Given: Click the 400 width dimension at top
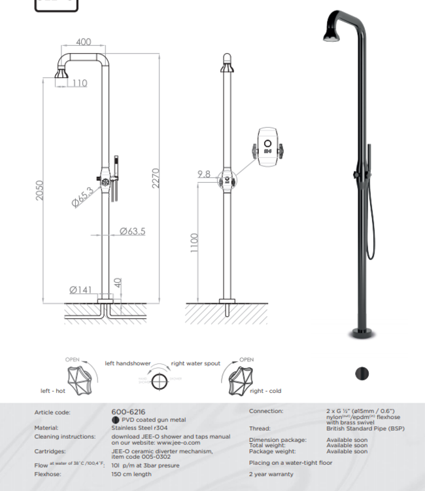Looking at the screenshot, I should [84, 42].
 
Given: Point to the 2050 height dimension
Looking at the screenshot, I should [40, 190].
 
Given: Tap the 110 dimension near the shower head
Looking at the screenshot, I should [80, 83].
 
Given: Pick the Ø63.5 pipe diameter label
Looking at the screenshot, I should [132, 231].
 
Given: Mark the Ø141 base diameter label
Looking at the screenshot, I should [81, 289].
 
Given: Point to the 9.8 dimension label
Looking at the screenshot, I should [203, 174].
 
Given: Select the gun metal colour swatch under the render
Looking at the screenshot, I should [362, 373].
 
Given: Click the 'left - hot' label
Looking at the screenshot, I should [53, 391].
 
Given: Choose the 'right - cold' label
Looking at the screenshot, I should [265, 391].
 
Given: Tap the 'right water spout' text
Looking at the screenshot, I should [195, 363].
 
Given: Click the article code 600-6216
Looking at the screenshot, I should [128, 412].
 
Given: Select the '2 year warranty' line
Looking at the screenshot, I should [271, 474].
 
